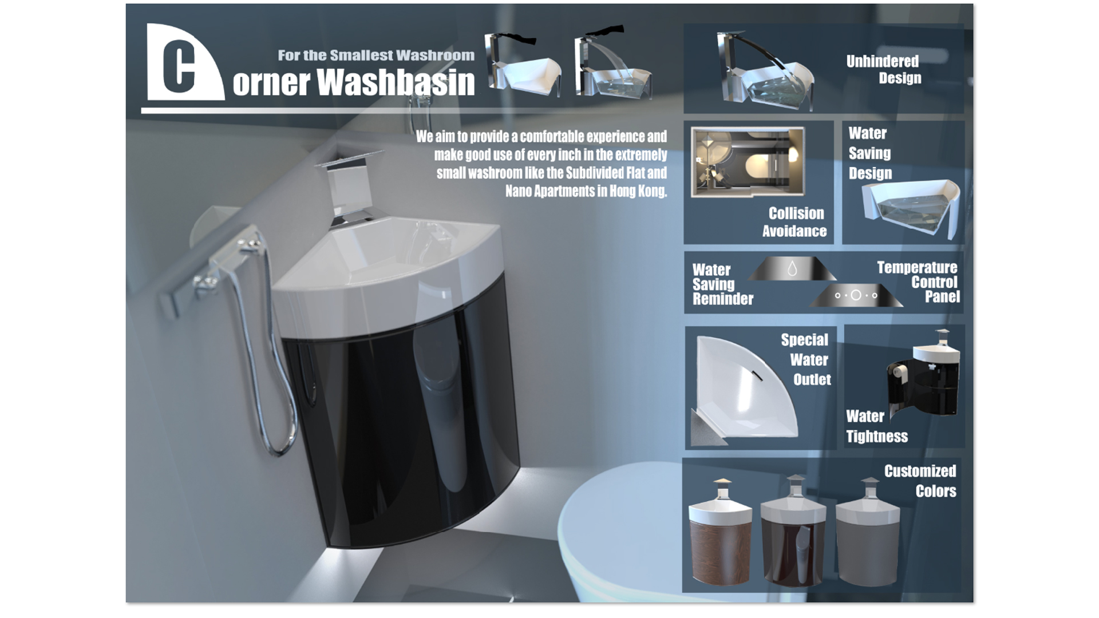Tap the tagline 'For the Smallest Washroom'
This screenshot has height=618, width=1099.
(x=376, y=55)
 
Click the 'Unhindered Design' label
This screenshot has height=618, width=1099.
(x=883, y=69)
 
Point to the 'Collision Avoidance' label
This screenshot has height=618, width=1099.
(x=794, y=221)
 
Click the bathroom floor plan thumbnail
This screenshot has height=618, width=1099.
(x=748, y=162)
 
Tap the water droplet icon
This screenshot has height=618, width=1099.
(x=792, y=268)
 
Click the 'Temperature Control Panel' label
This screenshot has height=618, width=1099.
(x=918, y=282)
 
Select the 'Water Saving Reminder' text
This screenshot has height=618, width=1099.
(x=722, y=284)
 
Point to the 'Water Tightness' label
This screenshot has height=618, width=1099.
(x=877, y=426)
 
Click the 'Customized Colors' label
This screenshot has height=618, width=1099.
(x=920, y=481)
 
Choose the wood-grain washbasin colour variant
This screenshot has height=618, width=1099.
(x=720, y=535)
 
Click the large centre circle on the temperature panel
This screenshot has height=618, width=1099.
(x=856, y=295)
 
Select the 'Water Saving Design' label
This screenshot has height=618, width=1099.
(x=870, y=153)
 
